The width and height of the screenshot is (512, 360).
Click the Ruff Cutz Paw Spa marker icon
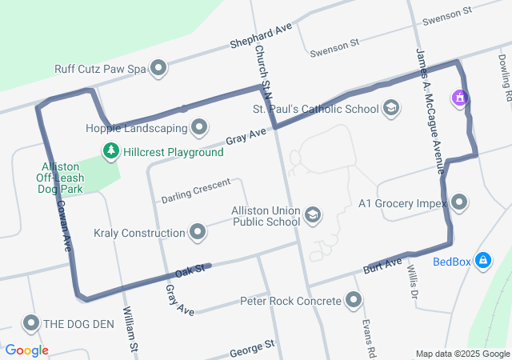tap(158, 68)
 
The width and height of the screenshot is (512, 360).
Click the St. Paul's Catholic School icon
tap(391, 108)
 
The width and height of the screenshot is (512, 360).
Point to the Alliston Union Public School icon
tap(313, 214)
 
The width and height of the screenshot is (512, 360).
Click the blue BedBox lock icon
tap(482, 261)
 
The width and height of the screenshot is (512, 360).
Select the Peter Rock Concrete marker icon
tap(353, 301)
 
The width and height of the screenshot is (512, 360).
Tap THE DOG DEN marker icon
tap(31, 323)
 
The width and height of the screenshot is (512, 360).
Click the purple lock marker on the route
tap(459, 98)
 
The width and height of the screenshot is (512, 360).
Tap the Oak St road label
tap(191, 270)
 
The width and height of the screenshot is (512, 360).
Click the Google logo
tap(26, 350)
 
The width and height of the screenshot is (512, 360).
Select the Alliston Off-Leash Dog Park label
tap(61, 178)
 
